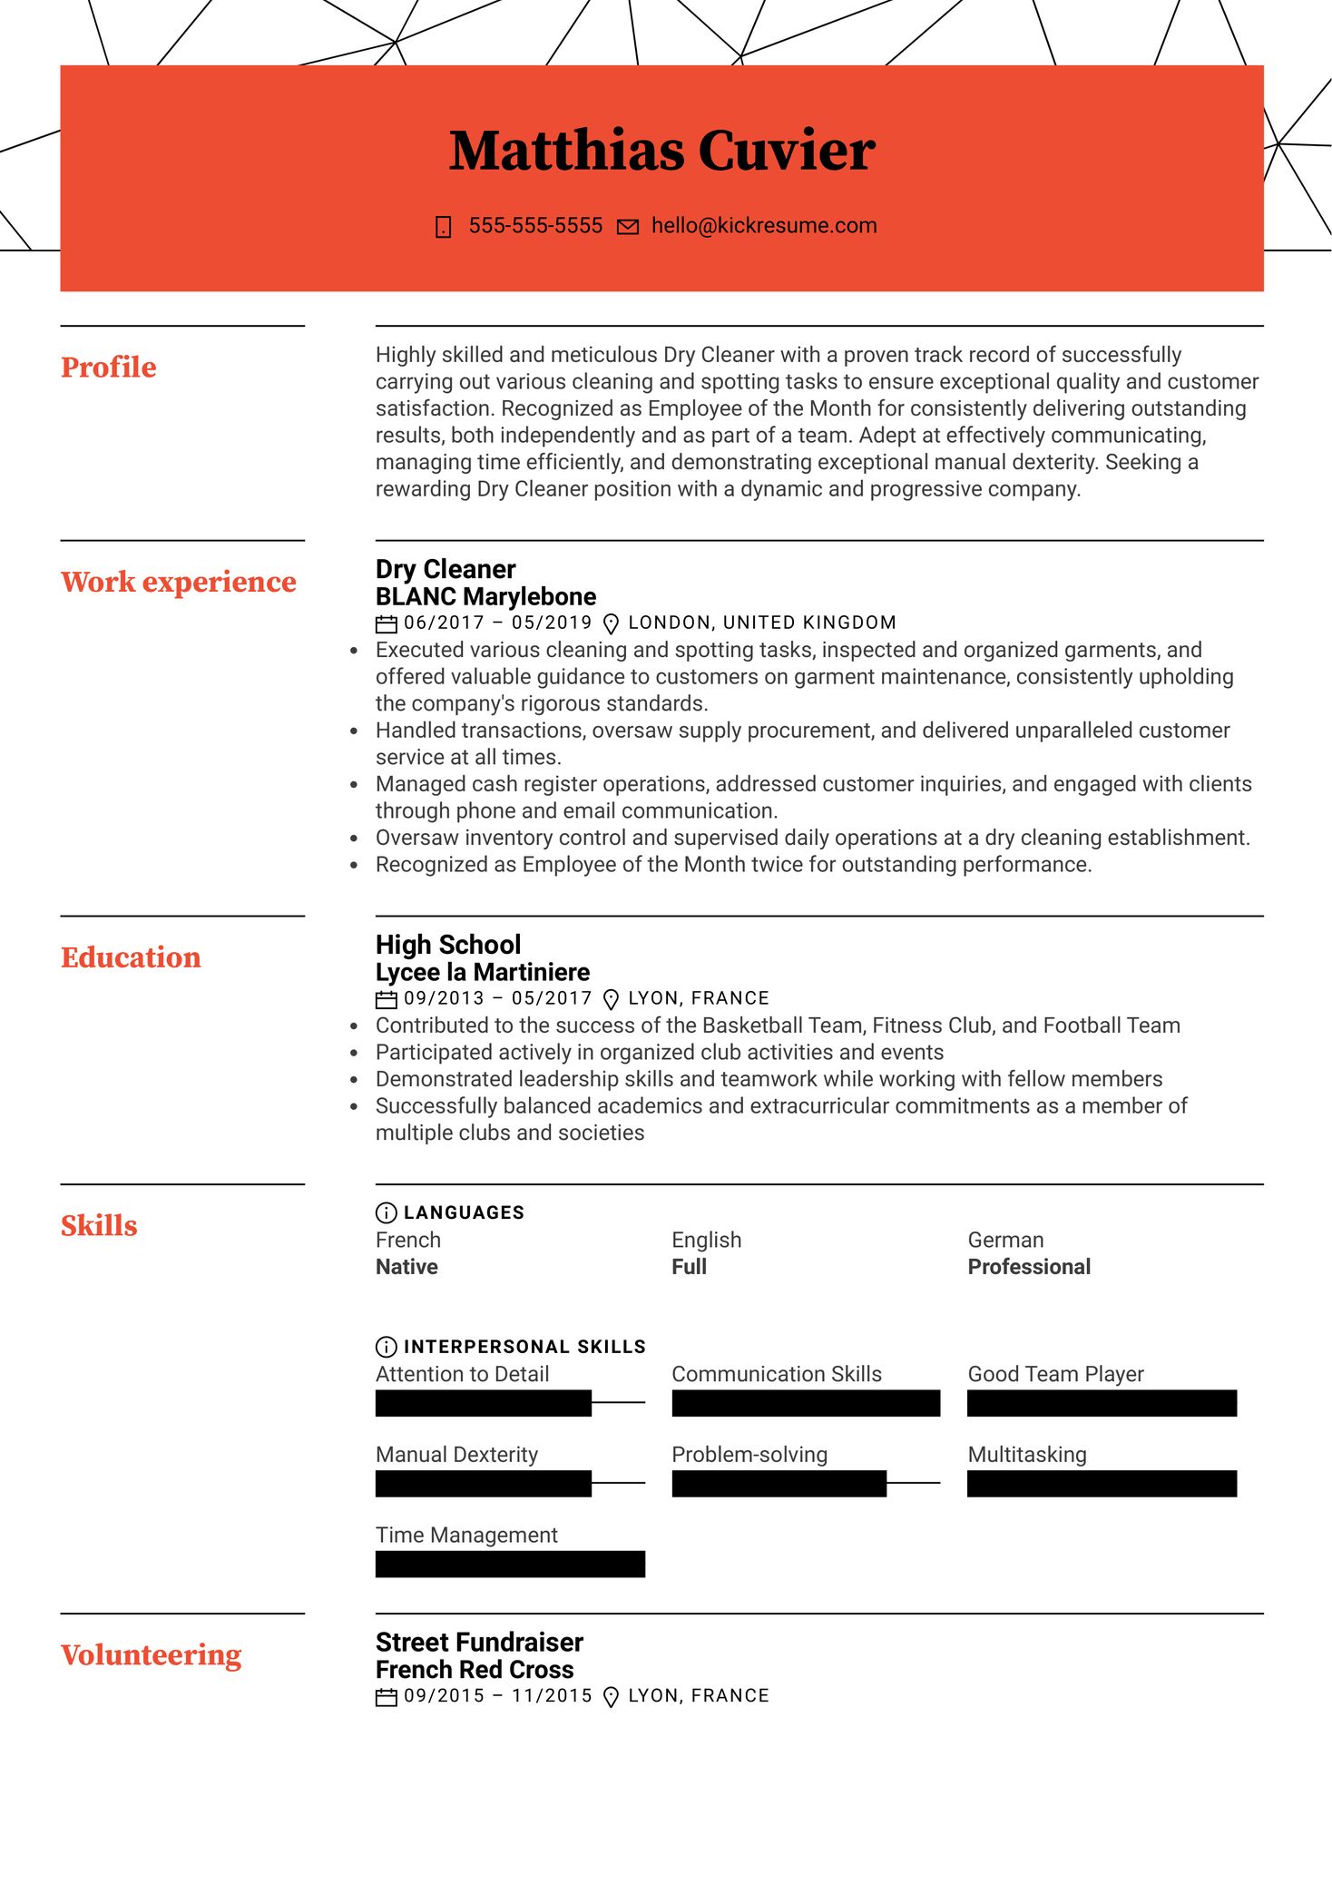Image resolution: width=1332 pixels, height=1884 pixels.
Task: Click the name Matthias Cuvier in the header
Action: click(661, 151)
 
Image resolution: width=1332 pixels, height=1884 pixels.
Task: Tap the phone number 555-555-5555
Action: click(535, 226)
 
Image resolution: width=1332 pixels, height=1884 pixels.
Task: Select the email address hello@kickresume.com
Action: click(764, 226)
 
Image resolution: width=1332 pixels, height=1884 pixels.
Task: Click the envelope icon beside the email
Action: click(628, 227)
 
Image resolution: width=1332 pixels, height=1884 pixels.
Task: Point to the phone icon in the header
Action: click(444, 227)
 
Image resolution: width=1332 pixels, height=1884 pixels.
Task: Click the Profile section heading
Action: click(108, 368)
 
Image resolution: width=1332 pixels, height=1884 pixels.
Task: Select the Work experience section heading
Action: click(178, 582)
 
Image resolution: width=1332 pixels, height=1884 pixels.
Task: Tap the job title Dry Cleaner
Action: click(446, 569)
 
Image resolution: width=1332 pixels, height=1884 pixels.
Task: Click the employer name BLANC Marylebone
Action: click(485, 596)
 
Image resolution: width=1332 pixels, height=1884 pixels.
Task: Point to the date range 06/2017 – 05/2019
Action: click(497, 623)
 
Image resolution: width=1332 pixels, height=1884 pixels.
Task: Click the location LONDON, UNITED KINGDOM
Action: click(761, 623)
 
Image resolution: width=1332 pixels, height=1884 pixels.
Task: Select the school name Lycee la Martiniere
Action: click(482, 972)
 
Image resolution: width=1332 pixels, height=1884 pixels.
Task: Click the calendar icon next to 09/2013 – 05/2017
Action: click(387, 999)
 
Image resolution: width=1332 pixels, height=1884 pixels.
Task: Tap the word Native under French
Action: click(406, 1267)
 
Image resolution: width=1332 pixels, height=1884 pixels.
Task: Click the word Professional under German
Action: click(1029, 1267)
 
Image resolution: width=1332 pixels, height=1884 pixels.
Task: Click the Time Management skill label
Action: click(466, 1536)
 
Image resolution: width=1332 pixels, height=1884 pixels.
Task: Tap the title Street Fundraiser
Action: click(479, 1643)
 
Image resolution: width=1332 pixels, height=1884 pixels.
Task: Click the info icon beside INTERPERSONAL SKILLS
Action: click(386, 1347)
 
